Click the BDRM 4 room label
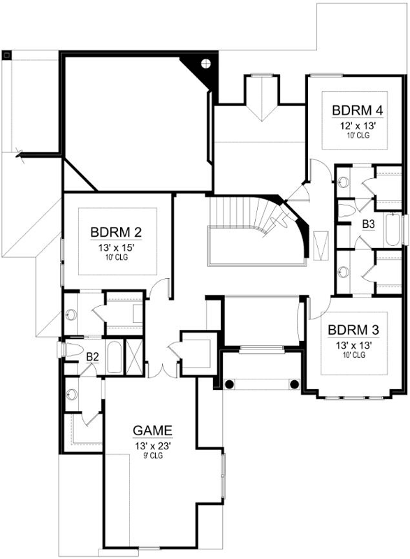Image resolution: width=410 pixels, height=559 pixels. [358, 110]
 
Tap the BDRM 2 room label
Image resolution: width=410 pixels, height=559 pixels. [116, 232]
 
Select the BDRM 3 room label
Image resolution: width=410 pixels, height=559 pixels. [353, 330]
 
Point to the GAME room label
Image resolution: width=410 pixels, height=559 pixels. [152, 430]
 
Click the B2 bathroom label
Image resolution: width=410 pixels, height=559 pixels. [93, 356]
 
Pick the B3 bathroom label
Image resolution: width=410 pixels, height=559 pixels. [368, 224]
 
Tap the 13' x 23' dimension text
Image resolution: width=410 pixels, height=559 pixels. [153, 446]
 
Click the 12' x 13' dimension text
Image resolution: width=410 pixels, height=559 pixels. [358, 126]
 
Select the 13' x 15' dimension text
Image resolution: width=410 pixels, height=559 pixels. [117, 247]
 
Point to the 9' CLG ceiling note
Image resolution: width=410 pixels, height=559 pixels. [153, 456]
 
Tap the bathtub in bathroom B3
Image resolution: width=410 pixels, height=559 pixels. [393, 229]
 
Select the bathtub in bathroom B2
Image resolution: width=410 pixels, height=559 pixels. [114, 357]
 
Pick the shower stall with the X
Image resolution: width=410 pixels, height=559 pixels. [134, 356]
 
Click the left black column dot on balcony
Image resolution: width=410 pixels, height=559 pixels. [229, 384]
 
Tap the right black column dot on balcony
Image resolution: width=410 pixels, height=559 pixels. [294, 384]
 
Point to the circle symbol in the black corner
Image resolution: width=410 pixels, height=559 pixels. [206, 64]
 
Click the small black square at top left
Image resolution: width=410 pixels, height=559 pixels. [7, 55]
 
